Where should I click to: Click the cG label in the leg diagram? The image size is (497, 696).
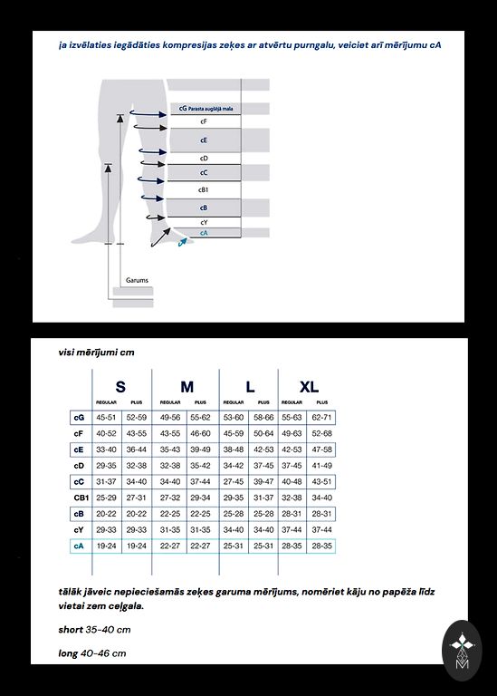[x=183, y=109]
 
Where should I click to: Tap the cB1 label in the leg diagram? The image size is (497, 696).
[x=203, y=190]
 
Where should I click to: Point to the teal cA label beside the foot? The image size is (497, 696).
[x=204, y=233]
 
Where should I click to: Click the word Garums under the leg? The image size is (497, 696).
[x=137, y=280]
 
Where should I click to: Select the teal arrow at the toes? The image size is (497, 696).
[x=182, y=241]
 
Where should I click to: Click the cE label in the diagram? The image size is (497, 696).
[x=204, y=140]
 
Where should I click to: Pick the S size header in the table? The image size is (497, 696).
[x=120, y=387]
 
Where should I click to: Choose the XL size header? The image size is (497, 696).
[x=309, y=387]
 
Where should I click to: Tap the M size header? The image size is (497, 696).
[x=186, y=387]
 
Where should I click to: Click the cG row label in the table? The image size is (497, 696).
[x=79, y=418]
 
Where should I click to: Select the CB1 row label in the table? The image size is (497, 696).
[x=81, y=498]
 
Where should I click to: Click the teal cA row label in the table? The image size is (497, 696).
[x=79, y=546]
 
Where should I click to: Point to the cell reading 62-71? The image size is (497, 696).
[x=321, y=417]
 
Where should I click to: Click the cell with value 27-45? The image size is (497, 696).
[x=234, y=481]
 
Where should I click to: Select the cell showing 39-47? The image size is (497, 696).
[x=263, y=481]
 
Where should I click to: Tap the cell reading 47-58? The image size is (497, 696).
[x=321, y=449]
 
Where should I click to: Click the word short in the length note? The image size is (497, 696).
[x=71, y=630]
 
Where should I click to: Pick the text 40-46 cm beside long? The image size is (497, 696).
[x=103, y=653]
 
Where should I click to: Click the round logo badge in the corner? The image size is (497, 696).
[x=462, y=651]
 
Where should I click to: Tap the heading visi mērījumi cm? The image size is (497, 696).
[x=96, y=353]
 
